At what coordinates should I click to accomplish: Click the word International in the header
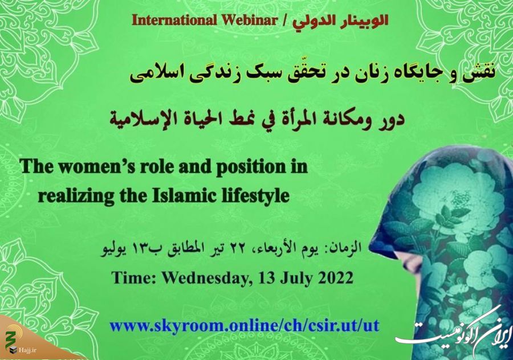click(174, 21)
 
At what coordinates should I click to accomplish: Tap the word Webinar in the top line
click(249, 21)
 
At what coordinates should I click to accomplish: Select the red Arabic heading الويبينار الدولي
click(340, 21)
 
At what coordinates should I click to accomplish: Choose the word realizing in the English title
click(75, 197)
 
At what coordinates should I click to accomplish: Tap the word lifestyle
click(253, 197)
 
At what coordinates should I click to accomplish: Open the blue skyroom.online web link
click(244, 326)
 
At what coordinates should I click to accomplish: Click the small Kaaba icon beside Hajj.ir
click(13, 350)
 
